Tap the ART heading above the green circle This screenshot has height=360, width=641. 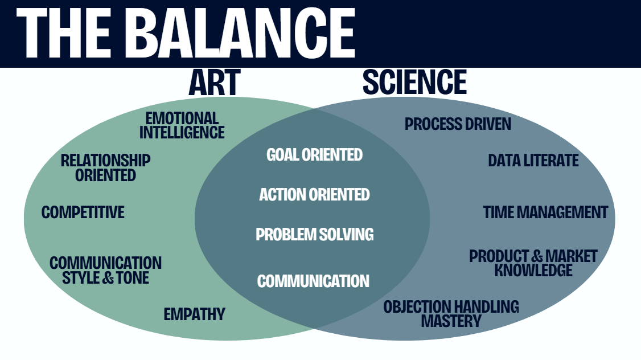point(214,83)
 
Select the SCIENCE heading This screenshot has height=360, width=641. point(414,83)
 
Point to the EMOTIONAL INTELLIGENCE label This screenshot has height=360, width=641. point(182,125)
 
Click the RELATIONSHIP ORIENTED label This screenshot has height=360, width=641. point(106,167)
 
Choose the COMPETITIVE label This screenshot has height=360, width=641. point(83,212)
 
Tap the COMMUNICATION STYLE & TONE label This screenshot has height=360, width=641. point(106,271)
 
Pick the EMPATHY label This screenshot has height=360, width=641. point(195,314)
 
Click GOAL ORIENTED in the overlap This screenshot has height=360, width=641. point(314,154)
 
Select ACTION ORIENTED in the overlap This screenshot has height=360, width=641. point(314,195)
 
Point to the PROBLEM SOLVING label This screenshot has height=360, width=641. point(314,234)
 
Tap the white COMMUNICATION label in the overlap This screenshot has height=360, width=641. point(313,281)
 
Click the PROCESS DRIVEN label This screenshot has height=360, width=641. point(458,124)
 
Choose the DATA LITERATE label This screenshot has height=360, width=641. point(533,161)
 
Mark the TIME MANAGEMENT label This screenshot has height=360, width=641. point(545,212)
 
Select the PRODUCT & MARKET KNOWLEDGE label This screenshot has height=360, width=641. point(533,263)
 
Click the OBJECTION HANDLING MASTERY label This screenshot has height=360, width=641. point(451,314)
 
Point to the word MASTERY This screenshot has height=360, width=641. point(451,321)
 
